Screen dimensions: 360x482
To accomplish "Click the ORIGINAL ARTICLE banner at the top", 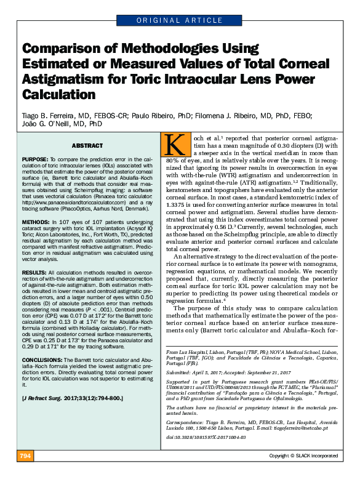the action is tap(180, 21).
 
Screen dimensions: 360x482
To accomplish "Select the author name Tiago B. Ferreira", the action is tap(50, 115).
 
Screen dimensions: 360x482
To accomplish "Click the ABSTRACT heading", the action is tap(87, 145).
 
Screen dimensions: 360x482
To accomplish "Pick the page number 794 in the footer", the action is tap(26, 473).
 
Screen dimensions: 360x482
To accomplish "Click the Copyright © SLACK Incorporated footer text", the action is tap(303, 473).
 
